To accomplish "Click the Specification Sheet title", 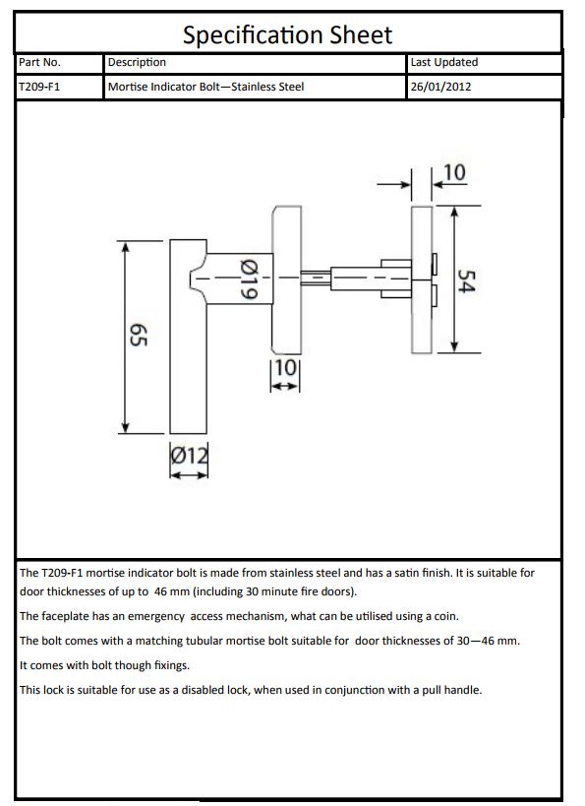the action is point(287,35).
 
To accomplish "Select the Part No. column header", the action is point(39,62).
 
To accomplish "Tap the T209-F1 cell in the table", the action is point(39,87).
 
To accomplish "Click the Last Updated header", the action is point(443,62).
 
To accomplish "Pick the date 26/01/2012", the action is point(440,87).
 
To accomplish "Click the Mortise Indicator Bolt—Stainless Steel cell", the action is point(205,87).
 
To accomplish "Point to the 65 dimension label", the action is point(139,335).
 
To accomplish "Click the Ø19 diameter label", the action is point(249,279).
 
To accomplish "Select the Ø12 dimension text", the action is point(190,456).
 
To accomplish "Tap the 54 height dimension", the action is point(466,280).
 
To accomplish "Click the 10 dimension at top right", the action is point(454,173).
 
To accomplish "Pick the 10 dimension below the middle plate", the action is point(285,368).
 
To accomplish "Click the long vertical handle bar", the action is point(189,337).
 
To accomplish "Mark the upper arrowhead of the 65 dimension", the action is point(125,247).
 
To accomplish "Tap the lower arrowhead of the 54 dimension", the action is point(453,346).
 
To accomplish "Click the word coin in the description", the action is point(445,616).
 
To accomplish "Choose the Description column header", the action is point(137,62).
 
